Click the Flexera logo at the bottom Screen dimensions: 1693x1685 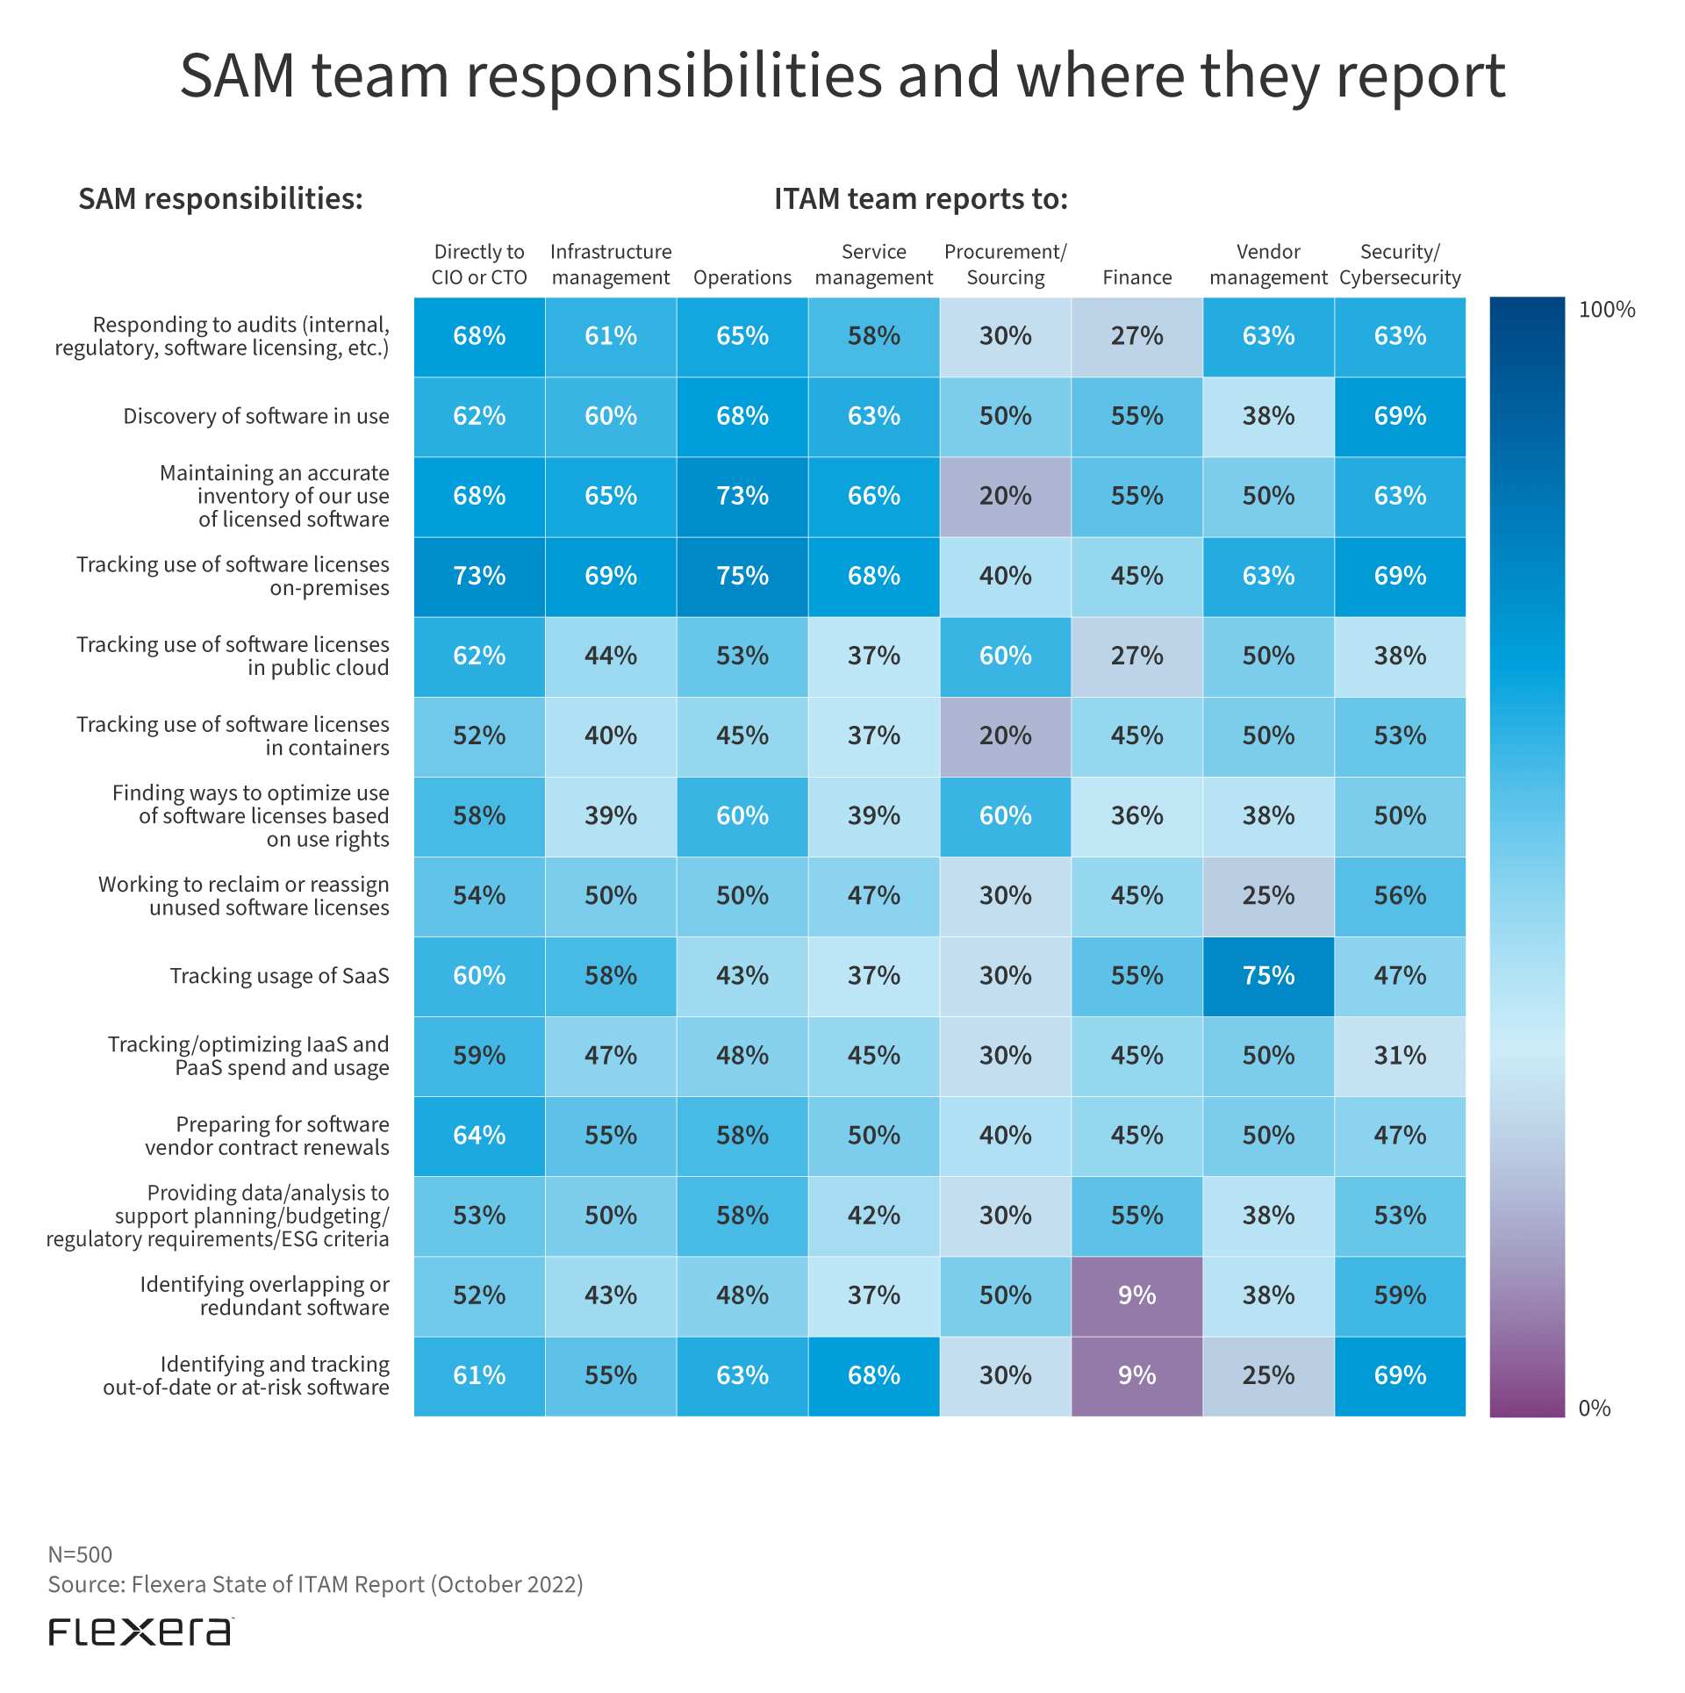pos(140,1632)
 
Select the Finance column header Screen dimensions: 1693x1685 pos(1136,277)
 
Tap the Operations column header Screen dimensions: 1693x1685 pos(742,277)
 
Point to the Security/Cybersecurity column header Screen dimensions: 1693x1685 pos(1400,265)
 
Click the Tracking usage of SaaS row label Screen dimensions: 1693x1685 pos(279,976)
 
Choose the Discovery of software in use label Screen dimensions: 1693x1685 pos(255,416)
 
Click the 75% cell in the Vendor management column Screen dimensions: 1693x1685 pos(1268,976)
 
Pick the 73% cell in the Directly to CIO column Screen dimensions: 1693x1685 pos(479,576)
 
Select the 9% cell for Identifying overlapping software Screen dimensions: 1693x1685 pos(1136,1295)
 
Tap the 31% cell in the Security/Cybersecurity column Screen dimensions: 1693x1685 pos(1400,1056)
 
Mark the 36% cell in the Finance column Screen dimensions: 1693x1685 pos(1136,816)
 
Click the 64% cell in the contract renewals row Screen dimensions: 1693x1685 pos(479,1136)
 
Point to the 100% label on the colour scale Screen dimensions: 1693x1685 pos(1606,310)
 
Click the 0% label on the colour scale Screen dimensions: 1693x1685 pos(1594,1409)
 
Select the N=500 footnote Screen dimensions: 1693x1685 pos(80,1554)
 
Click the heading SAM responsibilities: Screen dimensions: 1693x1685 pos(220,199)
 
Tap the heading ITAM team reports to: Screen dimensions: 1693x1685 pos(921,199)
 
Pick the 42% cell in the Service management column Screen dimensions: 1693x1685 pos(873,1216)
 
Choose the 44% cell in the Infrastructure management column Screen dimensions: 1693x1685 pos(611,656)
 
